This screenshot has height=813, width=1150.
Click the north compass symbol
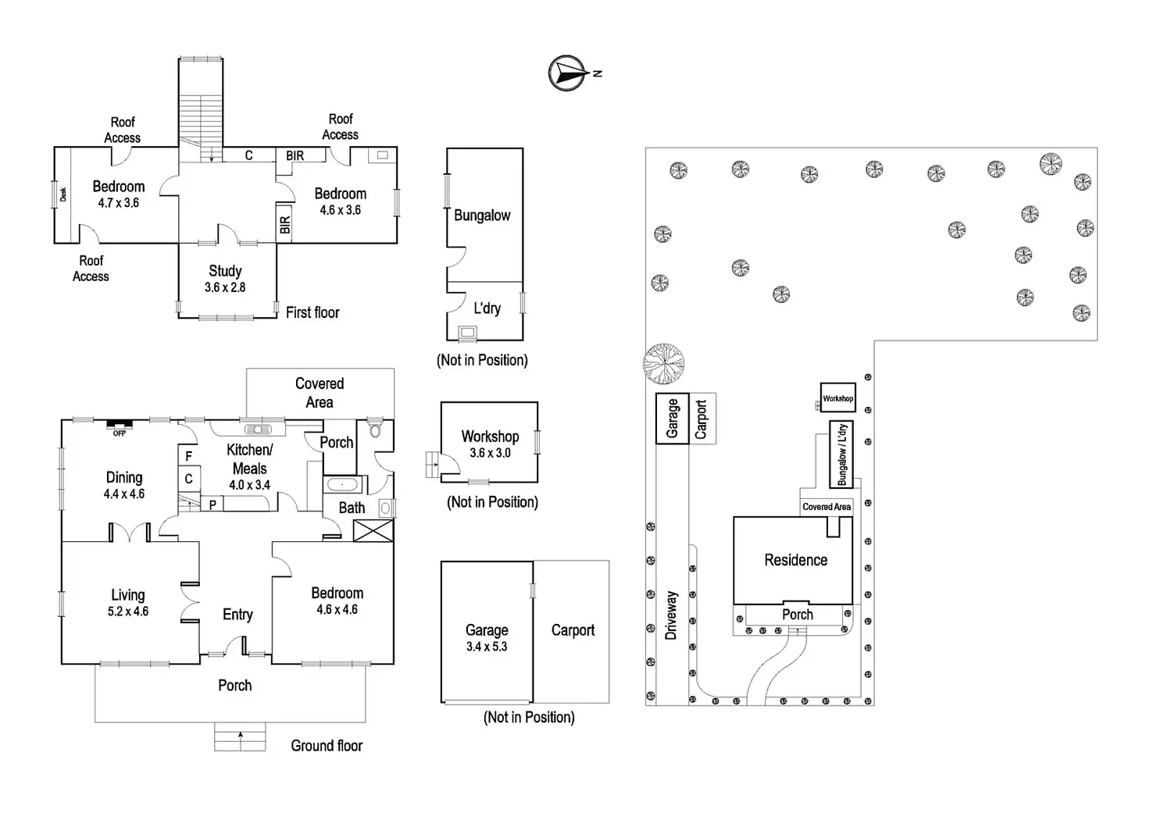tap(568, 73)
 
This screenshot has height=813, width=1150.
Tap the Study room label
tap(225, 271)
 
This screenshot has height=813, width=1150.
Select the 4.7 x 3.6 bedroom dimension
tap(118, 203)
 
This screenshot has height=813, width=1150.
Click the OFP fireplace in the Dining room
tap(120, 426)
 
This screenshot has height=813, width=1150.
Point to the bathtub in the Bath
tap(342, 485)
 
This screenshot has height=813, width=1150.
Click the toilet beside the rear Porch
tap(374, 430)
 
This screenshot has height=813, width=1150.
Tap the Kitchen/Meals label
tap(249, 459)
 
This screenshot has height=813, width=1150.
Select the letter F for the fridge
tap(188, 457)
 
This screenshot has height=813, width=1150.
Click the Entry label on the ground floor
tap(237, 615)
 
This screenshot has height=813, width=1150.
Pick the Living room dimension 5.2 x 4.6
tap(128, 612)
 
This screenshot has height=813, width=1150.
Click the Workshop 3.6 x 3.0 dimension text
tap(490, 453)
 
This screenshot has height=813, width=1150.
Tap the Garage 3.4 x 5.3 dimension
tap(487, 647)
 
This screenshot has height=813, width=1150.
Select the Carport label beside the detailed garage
tap(573, 630)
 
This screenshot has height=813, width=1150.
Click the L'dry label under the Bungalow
tap(487, 308)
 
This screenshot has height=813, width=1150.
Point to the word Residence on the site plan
tap(795, 560)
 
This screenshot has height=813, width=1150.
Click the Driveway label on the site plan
tap(671, 615)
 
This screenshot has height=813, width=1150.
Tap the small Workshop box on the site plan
tap(837, 398)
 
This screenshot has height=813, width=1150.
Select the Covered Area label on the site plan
tap(827, 507)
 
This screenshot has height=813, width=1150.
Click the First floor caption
tap(312, 312)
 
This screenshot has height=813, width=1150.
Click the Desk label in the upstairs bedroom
tap(63, 194)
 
